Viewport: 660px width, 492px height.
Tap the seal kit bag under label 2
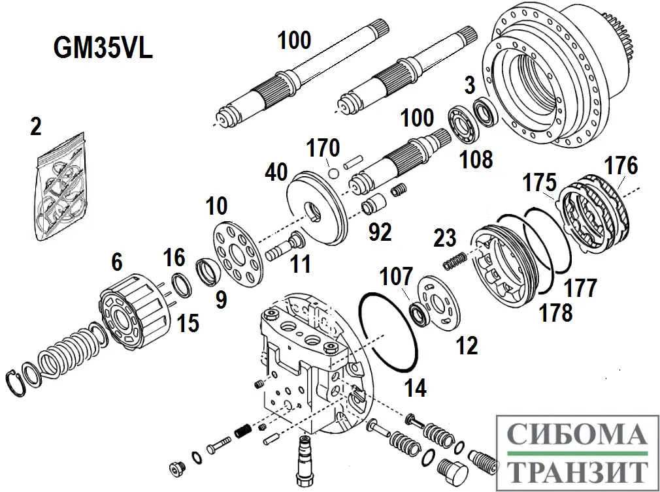coord(60,190)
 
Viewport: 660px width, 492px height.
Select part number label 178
coord(555,313)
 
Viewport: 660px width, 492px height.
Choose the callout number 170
coord(324,147)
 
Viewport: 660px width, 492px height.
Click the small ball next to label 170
coord(334,175)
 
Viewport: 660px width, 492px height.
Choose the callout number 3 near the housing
coord(469,84)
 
